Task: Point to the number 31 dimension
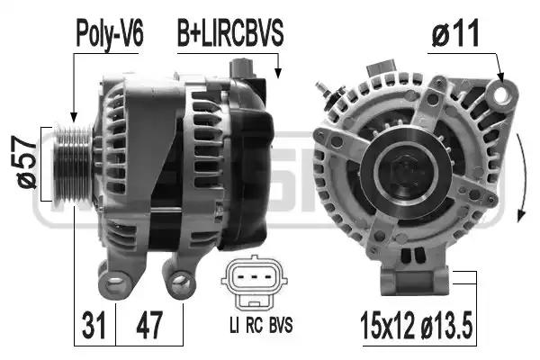click(x=93, y=322)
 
